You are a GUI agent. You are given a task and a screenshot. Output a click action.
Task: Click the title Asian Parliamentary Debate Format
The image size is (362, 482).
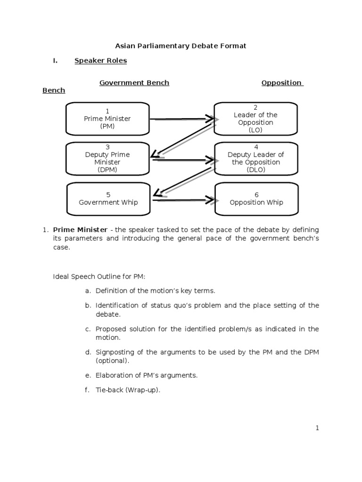(x=181, y=46)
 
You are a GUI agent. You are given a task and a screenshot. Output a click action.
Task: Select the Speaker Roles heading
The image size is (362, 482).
(x=100, y=61)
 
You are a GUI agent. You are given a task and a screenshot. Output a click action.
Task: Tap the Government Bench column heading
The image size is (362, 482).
(x=134, y=83)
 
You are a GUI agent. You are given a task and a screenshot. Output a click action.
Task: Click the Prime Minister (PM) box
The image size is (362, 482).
(x=107, y=119)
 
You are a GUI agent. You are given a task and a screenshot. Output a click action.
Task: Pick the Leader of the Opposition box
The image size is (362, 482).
(x=255, y=119)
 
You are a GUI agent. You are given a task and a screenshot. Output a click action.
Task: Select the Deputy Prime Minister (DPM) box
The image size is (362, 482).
(x=107, y=158)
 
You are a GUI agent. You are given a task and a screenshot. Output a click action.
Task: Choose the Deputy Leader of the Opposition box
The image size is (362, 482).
(x=255, y=158)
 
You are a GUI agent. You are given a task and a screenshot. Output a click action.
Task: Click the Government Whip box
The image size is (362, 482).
(x=108, y=199)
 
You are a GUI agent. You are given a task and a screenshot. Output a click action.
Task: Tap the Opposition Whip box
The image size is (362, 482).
(x=256, y=199)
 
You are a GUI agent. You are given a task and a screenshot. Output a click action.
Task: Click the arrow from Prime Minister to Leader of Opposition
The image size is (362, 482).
(x=184, y=120)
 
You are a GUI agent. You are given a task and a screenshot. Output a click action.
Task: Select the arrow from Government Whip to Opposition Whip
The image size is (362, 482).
(x=184, y=200)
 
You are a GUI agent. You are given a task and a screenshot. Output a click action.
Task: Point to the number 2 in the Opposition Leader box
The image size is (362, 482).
(x=255, y=108)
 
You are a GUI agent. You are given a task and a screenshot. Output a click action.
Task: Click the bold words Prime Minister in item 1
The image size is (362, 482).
(x=80, y=230)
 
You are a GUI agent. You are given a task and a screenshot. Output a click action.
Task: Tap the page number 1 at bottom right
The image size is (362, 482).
(x=317, y=428)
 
